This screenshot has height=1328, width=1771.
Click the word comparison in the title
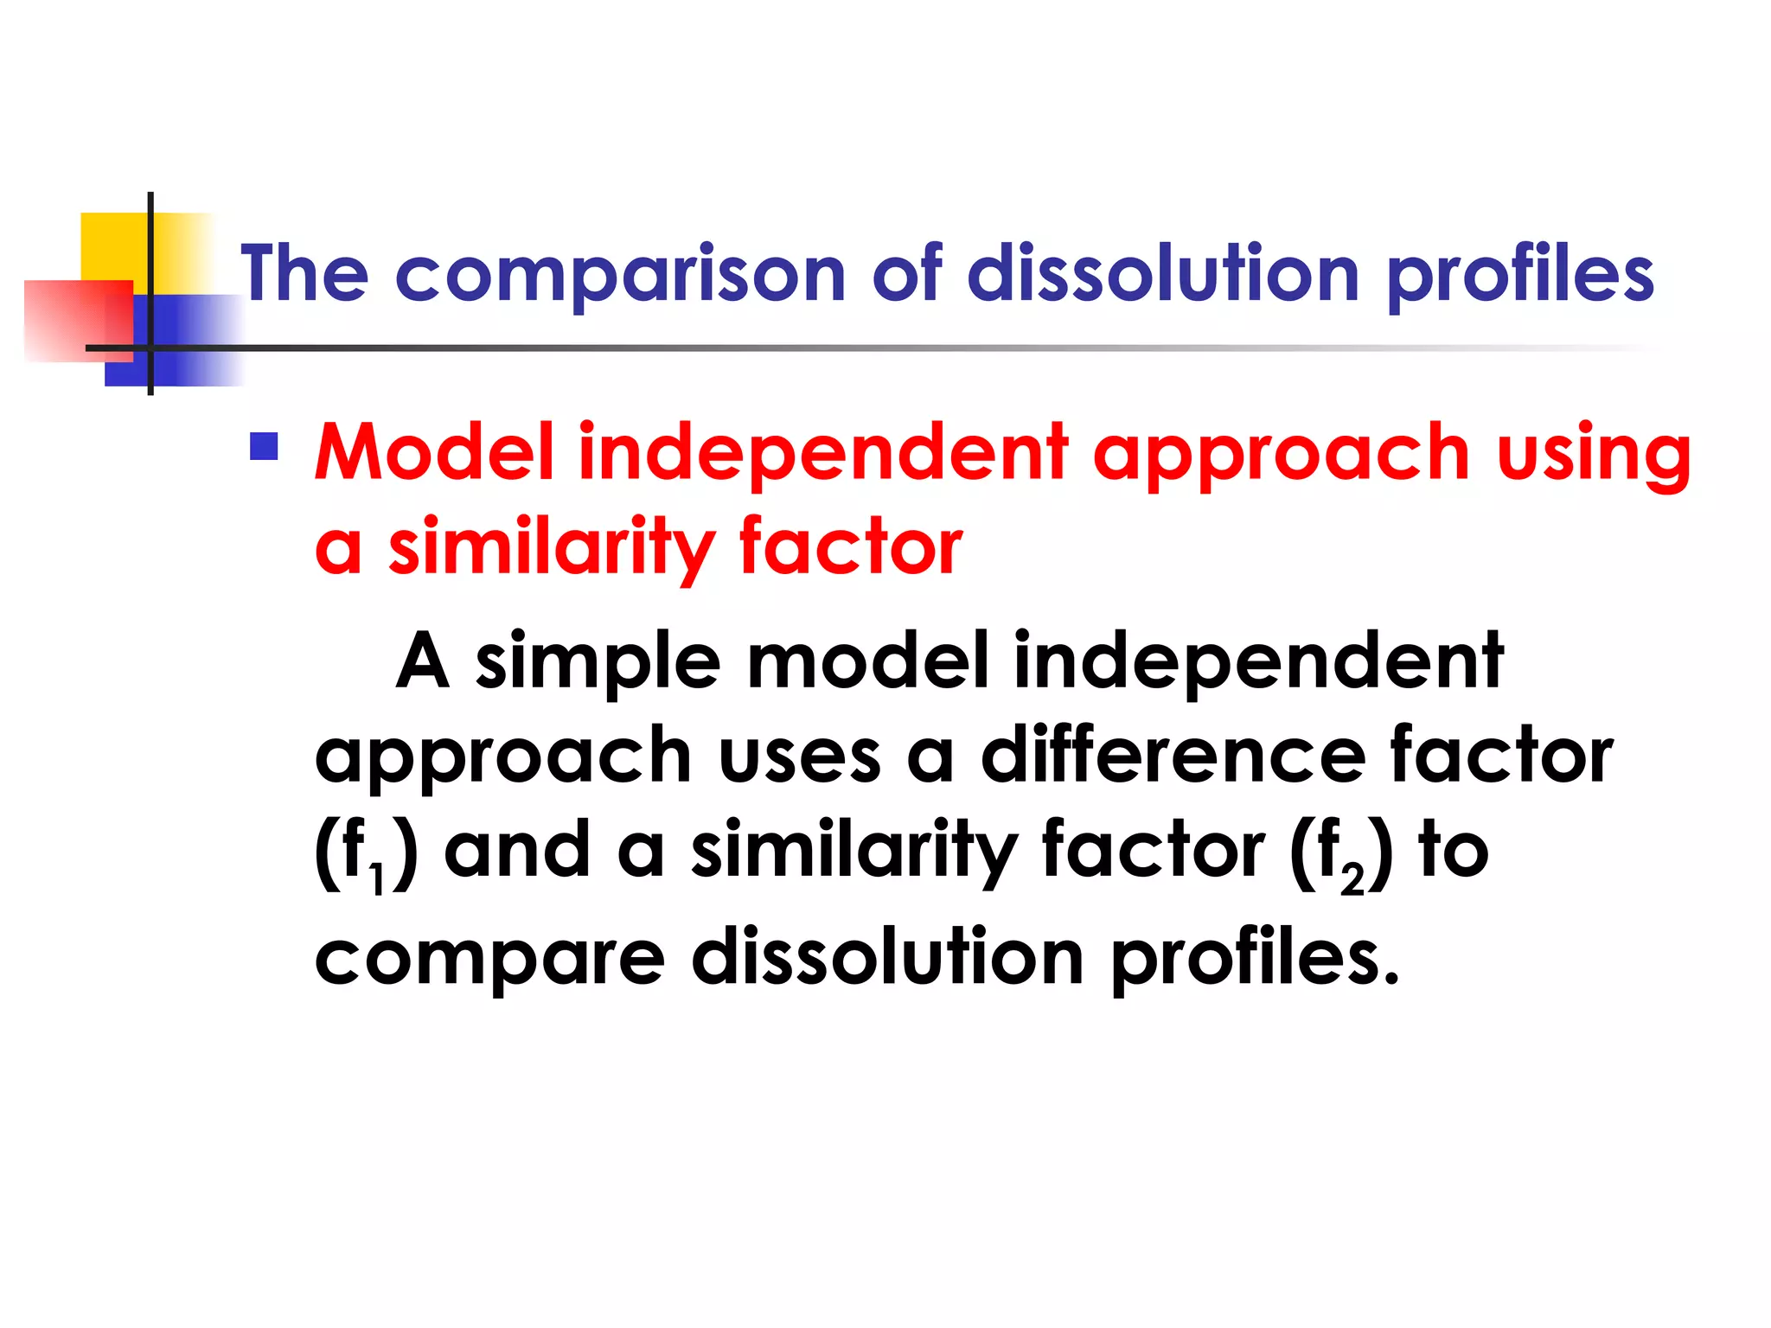[619, 275]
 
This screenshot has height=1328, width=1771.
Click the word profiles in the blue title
[1520, 275]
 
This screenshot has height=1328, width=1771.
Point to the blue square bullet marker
[264, 446]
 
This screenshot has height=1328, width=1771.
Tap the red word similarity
[551, 547]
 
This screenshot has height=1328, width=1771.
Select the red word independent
[823, 454]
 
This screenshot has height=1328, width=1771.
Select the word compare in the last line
[489, 960]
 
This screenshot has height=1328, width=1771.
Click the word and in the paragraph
[516, 851]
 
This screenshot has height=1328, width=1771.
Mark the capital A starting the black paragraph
[422, 662]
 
